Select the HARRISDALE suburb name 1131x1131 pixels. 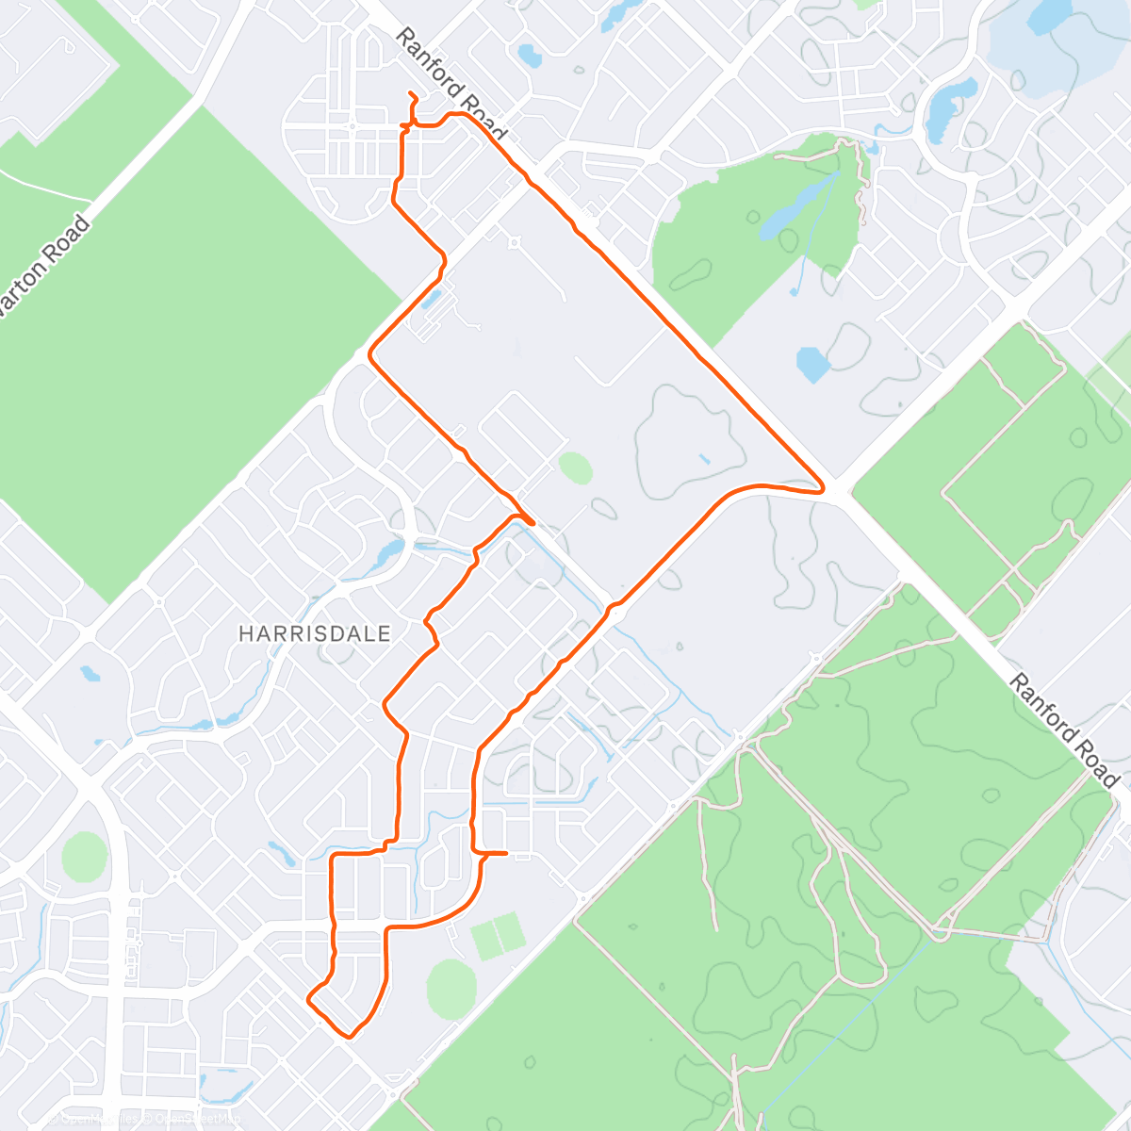[314, 633]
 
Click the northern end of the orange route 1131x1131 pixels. [411, 93]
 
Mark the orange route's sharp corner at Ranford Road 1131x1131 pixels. [822, 489]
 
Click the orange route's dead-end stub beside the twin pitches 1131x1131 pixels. [505, 853]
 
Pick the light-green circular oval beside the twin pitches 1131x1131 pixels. [451, 987]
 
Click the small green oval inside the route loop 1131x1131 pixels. [575, 467]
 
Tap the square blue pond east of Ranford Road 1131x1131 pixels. [811, 364]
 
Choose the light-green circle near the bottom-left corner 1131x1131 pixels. [85, 856]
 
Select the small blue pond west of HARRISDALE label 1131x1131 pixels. [90, 674]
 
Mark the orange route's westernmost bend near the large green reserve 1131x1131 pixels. [370, 354]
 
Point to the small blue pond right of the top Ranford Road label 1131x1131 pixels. [530, 57]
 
